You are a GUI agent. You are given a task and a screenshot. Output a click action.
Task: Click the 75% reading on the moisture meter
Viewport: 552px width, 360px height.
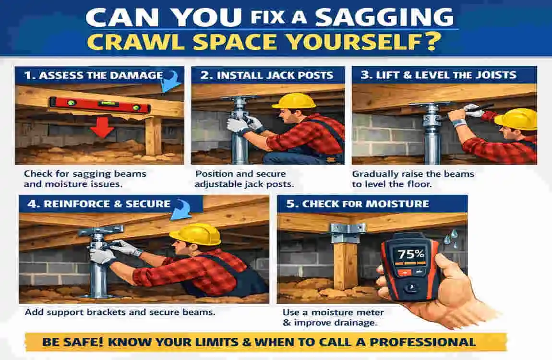pos(411,254)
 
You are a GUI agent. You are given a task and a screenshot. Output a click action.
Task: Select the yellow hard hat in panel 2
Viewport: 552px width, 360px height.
pos(294,101)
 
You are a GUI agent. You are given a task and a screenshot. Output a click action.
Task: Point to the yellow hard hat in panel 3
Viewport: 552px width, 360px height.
pos(516,119)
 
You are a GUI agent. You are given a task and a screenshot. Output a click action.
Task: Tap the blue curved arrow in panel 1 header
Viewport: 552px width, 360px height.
pos(171,82)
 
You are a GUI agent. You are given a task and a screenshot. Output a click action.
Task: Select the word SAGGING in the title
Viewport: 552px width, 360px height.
pos(384,17)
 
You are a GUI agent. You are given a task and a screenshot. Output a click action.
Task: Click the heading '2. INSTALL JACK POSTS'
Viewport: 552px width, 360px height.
pos(266,75)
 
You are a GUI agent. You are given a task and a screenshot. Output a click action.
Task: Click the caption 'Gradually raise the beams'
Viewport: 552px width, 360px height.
pos(413,174)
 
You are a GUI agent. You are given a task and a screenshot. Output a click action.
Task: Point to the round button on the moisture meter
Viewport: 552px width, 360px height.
pos(411,288)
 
